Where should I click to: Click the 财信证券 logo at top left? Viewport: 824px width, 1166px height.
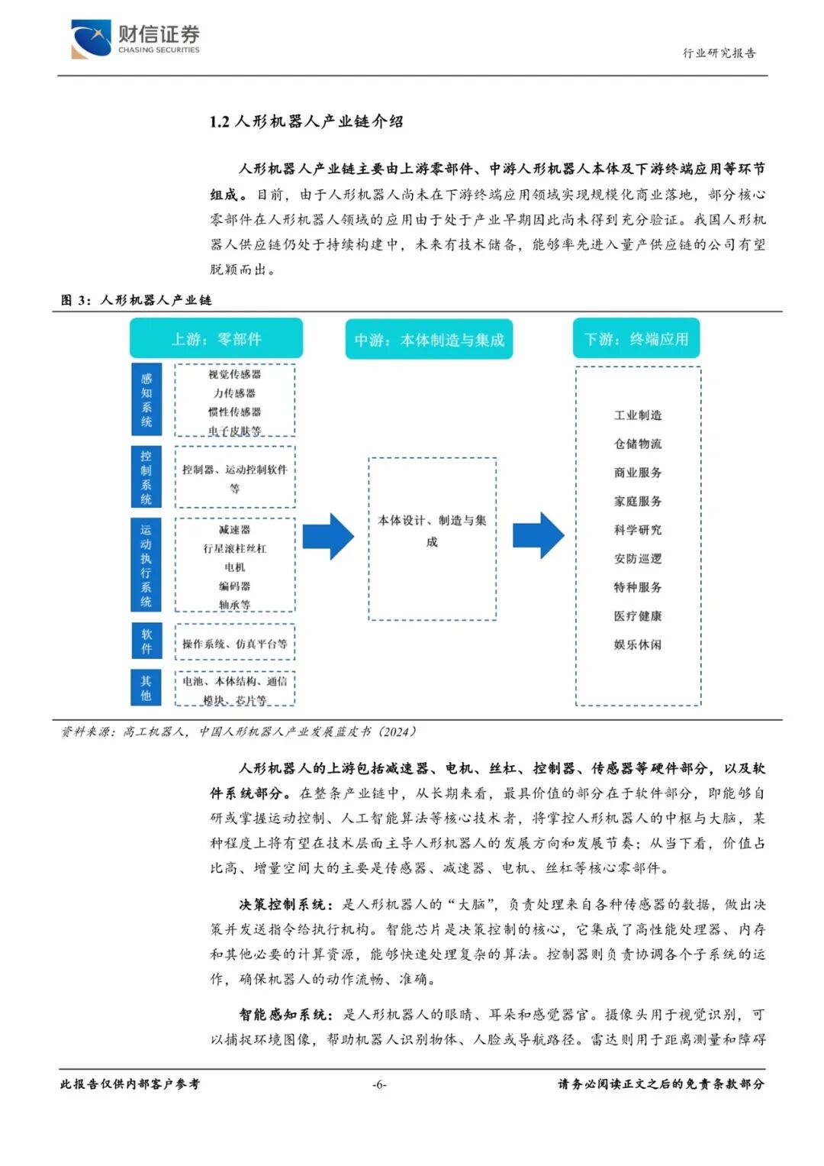(135, 39)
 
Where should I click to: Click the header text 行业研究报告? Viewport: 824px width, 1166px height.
(719, 53)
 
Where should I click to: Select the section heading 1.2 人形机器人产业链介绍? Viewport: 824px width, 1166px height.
(306, 121)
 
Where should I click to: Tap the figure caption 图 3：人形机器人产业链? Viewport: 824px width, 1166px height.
(137, 300)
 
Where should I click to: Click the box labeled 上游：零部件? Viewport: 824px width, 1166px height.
(216, 339)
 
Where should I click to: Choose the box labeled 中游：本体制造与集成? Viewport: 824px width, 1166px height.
(429, 340)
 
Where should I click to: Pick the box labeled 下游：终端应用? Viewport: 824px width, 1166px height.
(636, 339)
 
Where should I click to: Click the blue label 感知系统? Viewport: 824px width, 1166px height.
(146, 399)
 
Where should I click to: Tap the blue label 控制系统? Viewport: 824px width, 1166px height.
(146, 477)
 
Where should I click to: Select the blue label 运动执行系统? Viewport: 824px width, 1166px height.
(146, 565)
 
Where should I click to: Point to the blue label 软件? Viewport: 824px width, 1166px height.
(146, 641)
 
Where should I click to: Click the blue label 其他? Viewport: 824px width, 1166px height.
(146, 687)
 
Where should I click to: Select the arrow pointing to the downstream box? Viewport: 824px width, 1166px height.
(538, 536)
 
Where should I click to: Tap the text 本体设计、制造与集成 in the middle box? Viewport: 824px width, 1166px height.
(432, 531)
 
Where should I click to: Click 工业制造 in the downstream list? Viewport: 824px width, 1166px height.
(638, 415)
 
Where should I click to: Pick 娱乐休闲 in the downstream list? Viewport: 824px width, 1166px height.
(638, 644)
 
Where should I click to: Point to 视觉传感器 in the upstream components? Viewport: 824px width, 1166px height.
(235, 375)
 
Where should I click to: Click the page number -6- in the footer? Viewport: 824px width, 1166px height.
(379, 1084)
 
